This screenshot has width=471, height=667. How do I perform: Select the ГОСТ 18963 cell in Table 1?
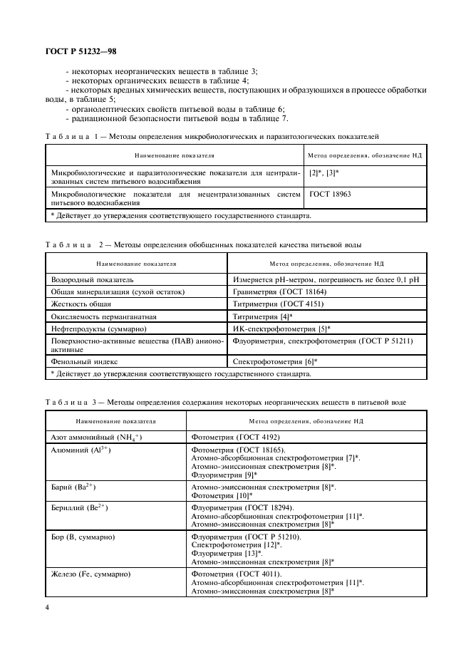[x=330, y=194]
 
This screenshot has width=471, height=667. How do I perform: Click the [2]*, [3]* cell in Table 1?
[x=326, y=173]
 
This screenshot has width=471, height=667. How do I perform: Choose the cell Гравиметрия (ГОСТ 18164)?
[x=281, y=292]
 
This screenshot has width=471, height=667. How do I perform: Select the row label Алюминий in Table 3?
[x=81, y=450]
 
